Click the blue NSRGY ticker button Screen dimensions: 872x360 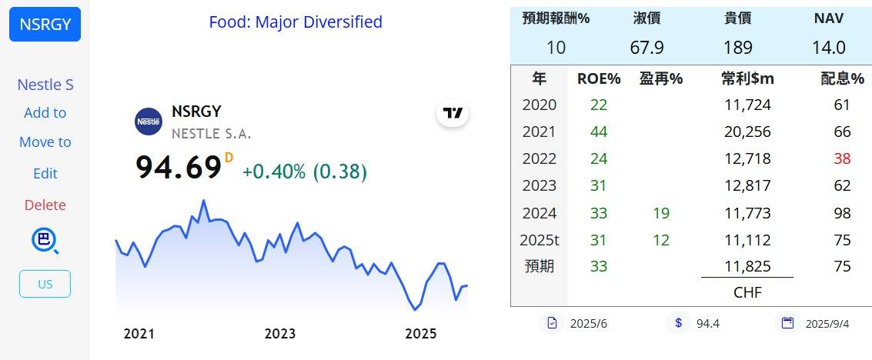45,25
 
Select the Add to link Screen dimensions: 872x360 45,113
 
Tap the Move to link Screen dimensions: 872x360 45,142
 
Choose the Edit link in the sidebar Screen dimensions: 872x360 45,173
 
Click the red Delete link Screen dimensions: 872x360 45,205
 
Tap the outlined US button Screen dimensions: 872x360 45,284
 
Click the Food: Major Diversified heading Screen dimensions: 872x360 296,22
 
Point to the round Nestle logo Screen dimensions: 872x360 149,121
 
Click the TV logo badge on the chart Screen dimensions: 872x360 453,113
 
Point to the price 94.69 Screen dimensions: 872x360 179,167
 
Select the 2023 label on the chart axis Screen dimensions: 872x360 279,334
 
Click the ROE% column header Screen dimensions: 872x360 599,79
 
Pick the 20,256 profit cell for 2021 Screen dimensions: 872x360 747,132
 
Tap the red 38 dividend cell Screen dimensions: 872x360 843,159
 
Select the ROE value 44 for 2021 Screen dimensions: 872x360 599,132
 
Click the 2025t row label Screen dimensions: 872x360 540,241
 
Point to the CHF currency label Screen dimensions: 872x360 747,293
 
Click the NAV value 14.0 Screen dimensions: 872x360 829,48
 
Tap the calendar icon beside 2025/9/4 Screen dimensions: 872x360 787,323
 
